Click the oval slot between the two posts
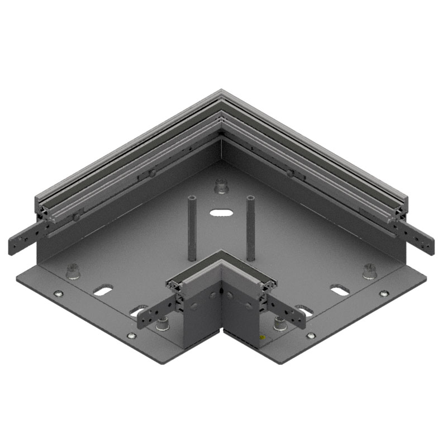coord(222,213)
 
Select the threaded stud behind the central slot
coord(222,186)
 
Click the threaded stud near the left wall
coord(73,272)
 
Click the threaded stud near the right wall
coord(369,272)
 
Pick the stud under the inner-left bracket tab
coord(163,324)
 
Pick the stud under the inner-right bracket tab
coord(279,324)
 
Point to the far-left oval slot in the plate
coord(103,291)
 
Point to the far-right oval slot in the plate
coord(340,291)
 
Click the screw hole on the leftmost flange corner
coord(58,294)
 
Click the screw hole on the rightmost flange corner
coord(384,293)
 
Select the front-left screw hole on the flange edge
coord(131,336)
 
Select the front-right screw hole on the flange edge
coord(311,336)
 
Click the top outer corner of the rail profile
coord(221,91)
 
